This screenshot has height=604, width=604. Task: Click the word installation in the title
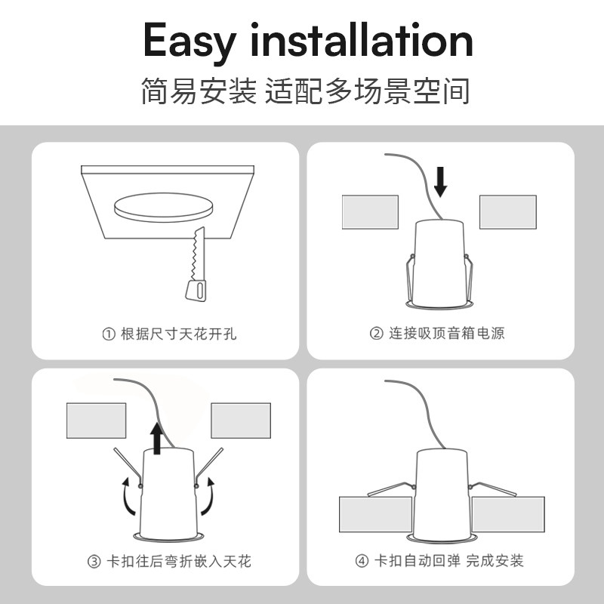pyautogui.click(x=362, y=39)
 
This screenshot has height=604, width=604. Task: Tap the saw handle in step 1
pyautogui.click(x=196, y=291)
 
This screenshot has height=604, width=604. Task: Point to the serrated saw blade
pyautogui.click(x=199, y=254)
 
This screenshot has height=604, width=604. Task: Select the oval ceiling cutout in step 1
pyautogui.click(x=163, y=207)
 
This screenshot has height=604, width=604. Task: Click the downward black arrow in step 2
pyautogui.click(x=440, y=182)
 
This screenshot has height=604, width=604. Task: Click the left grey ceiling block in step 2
pyautogui.click(x=370, y=212)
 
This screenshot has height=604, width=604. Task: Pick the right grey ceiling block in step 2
pyautogui.click(x=507, y=212)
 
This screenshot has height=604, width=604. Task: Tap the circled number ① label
pyautogui.click(x=109, y=334)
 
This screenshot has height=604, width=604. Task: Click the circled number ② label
pyautogui.click(x=376, y=333)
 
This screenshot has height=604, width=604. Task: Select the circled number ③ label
pyautogui.click(x=94, y=562)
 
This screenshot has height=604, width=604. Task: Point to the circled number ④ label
pyautogui.click(x=362, y=561)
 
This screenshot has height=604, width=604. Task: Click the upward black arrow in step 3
pyautogui.click(x=157, y=439)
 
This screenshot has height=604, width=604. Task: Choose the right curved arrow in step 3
pyautogui.click(x=209, y=497)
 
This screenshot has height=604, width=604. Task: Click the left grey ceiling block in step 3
pyautogui.click(x=97, y=421)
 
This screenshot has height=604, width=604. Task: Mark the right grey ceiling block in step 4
pyautogui.click(x=508, y=514)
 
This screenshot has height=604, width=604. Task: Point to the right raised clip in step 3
pyautogui.click(x=209, y=467)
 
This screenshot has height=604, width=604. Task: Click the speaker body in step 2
pyautogui.click(x=439, y=263)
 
